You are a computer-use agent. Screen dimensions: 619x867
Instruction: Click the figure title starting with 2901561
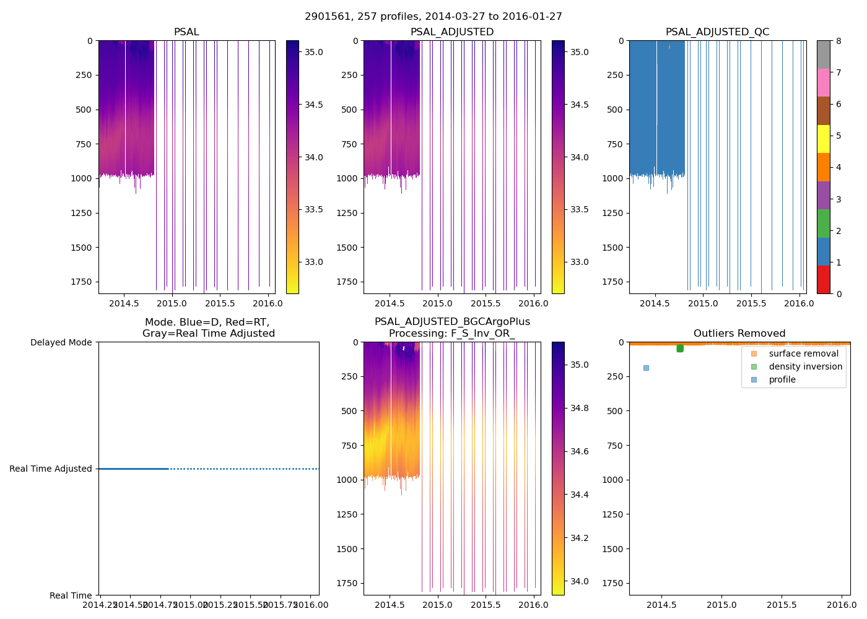pyautogui.click(x=434, y=17)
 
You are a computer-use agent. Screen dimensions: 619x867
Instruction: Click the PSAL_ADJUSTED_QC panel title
pyautogui.click(x=717, y=32)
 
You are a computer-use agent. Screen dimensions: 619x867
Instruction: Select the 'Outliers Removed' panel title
pyautogui.click(x=739, y=334)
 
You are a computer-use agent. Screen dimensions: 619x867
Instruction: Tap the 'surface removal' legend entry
pyautogui.click(x=803, y=353)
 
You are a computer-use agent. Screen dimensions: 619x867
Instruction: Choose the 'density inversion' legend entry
pyautogui.click(x=805, y=366)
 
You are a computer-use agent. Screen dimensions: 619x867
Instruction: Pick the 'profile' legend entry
pyautogui.click(x=782, y=379)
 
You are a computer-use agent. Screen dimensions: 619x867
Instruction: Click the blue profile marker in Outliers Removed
pyautogui.click(x=646, y=368)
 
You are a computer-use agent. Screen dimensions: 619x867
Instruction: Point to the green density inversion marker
pyautogui.click(x=680, y=348)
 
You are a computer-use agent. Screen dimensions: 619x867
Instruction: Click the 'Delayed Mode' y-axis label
pyautogui.click(x=61, y=342)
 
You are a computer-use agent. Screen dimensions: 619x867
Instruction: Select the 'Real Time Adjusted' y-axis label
pyautogui.click(x=51, y=469)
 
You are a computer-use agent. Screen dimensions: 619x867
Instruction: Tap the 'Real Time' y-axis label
pyautogui.click(x=71, y=595)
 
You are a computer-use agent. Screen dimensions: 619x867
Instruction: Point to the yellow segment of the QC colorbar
pyautogui.click(x=823, y=139)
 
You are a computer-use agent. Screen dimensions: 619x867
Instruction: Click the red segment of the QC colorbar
pyautogui.click(x=823, y=280)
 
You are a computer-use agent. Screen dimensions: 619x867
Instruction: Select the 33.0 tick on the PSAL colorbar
pyautogui.click(x=314, y=262)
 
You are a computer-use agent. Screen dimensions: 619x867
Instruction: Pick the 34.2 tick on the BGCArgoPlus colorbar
pyautogui.click(x=580, y=538)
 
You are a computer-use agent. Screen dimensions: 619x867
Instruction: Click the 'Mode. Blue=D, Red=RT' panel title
pyautogui.click(x=208, y=328)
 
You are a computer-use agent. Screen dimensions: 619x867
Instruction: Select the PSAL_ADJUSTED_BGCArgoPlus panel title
pyautogui.click(x=452, y=327)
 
